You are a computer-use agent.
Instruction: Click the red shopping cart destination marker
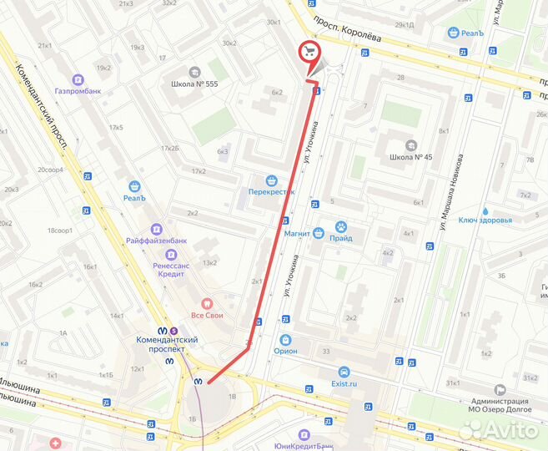coord(309,52)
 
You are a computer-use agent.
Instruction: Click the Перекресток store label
coord(271,190)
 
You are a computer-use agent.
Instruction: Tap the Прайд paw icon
coord(341,226)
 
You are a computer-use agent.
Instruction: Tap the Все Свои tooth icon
coord(208,304)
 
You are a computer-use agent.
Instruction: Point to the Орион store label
coord(286,351)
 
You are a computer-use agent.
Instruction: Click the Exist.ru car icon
coord(343,372)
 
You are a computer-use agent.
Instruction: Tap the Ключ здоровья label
coord(484,220)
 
